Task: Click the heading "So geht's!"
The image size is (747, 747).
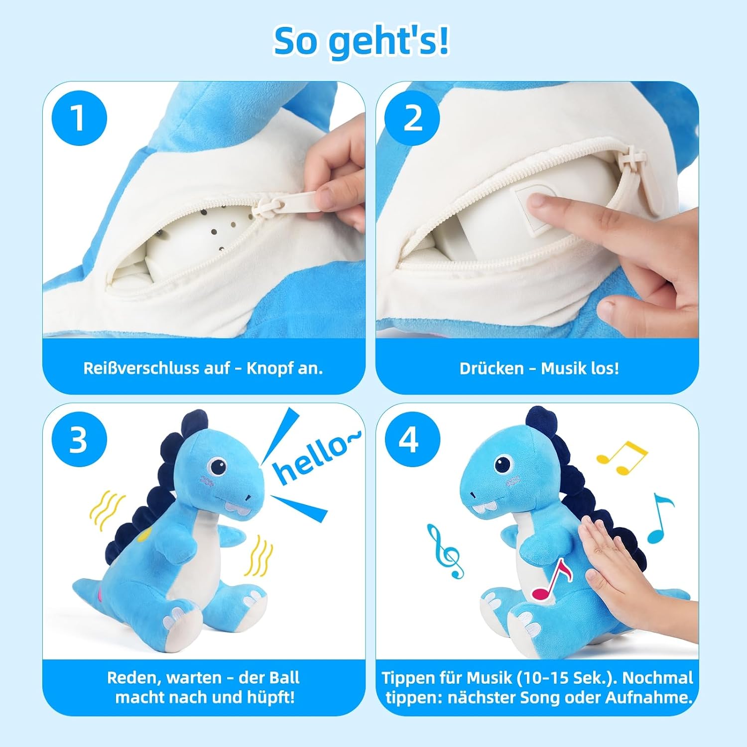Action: click(361, 42)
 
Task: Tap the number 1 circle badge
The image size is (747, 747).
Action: click(79, 119)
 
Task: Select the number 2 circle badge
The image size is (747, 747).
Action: click(412, 119)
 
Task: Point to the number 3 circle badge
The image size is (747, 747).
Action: click(79, 440)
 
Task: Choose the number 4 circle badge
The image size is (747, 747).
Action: click(412, 440)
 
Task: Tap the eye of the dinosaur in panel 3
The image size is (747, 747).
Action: click(218, 466)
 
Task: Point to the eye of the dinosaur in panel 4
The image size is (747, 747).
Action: click(502, 465)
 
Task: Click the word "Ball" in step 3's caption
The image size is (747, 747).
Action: click(284, 678)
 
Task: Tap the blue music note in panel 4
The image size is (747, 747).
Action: click(660, 518)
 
